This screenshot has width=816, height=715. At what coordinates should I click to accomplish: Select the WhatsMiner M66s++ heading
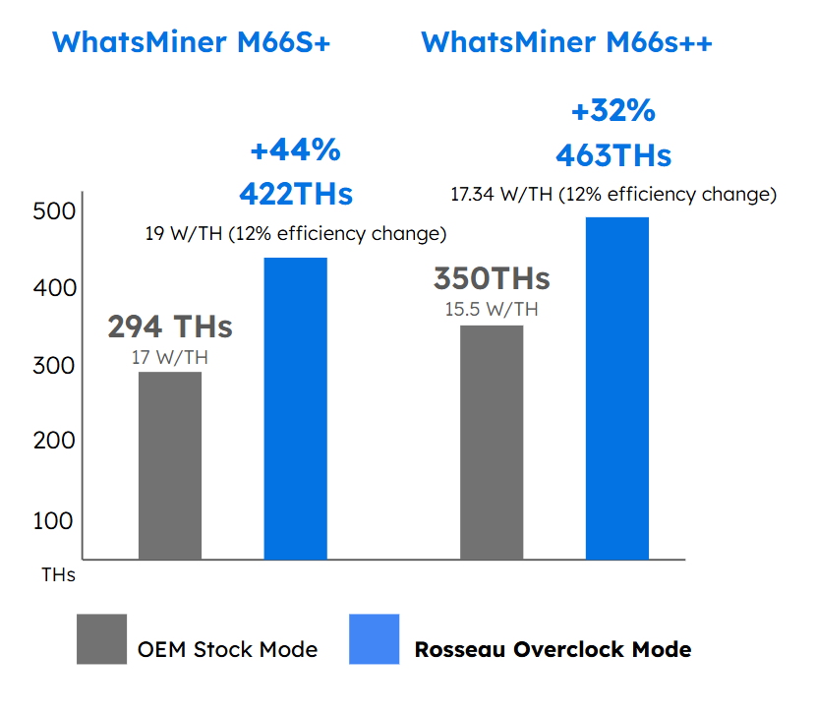[566, 42]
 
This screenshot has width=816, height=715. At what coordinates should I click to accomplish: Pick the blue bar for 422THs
[296, 408]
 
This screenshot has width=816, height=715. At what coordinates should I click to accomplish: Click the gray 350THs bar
[492, 443]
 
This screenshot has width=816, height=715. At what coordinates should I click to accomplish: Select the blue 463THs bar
[617, 388]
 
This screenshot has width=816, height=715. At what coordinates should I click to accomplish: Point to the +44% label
[295, 150]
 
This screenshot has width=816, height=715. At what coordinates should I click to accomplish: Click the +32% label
[612, 112]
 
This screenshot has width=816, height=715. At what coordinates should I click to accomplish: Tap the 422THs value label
[296, 194]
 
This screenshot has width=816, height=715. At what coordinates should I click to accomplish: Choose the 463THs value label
[613, 155]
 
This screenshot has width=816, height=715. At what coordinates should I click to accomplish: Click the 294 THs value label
[169, 326]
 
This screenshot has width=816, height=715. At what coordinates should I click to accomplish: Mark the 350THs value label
[492, 278]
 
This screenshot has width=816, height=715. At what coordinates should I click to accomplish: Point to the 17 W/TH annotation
[169, 357]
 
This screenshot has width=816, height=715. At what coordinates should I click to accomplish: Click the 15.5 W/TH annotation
[492, 310]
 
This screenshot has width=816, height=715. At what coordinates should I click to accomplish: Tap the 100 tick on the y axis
[53, 520]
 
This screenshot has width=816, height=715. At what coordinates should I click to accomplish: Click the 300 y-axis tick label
[53, 366]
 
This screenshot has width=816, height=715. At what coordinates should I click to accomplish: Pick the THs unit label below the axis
[58, 573]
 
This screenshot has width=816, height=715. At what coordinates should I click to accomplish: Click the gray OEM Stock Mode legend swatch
[101, 639]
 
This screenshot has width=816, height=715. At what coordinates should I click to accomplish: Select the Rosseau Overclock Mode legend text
[553, 649]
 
